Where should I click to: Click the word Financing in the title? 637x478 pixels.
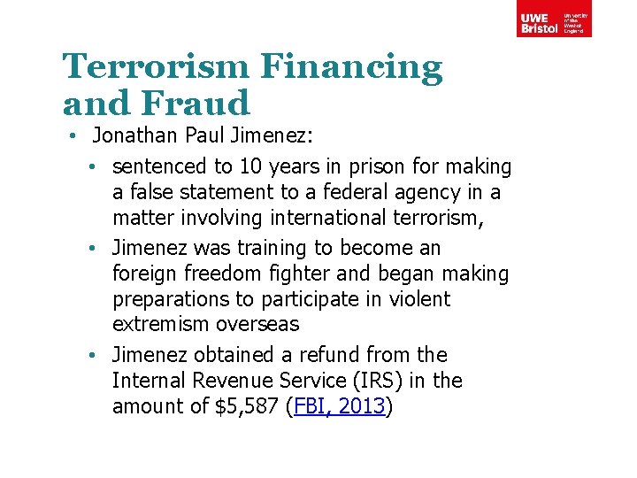352,68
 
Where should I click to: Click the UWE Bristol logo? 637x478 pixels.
555,19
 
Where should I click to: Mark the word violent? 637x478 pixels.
417,299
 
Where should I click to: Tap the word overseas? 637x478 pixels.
260,325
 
